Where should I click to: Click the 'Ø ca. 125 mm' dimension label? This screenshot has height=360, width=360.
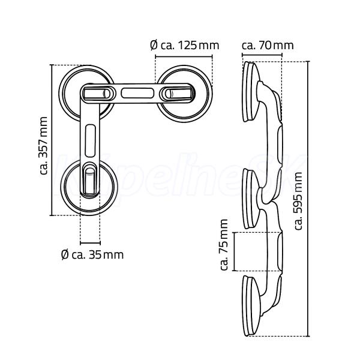pos(185,45)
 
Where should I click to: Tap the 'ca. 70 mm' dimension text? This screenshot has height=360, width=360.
pos(268,45)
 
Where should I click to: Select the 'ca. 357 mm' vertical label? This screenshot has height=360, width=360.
pos(43,146)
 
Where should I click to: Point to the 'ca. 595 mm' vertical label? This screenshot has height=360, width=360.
pos(298,201)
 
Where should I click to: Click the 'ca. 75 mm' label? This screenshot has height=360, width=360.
pos(224,245)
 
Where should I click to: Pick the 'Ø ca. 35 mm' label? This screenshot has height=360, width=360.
pos(92,254)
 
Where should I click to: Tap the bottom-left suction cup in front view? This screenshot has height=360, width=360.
pos(89,187)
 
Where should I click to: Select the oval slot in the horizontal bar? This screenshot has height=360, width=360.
pos(137,94)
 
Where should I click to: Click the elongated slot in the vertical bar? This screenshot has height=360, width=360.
pos(90,141)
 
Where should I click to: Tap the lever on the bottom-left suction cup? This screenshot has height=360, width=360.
pos(90,180)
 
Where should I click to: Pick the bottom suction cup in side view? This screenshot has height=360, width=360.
pos(251,306)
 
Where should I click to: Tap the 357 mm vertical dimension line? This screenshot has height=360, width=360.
pos(52,140)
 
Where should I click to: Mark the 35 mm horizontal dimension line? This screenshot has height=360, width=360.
pos(90,242)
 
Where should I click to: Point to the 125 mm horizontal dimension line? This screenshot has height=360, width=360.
pos(184,56)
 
